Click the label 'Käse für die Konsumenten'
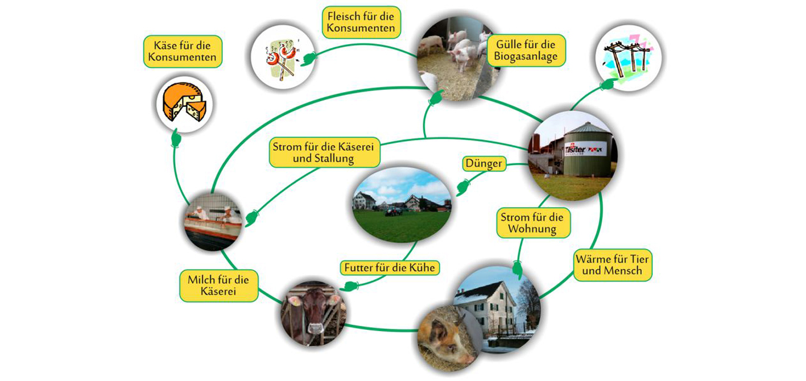pos(182,51)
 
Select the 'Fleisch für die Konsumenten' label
pos(361,22)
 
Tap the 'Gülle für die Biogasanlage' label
pos(526,49)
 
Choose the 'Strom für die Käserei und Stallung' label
pos(324,152)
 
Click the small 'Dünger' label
pos(483,164)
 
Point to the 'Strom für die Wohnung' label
pos(534,223)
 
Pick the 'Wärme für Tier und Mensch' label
pos(613,266)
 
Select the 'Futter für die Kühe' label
pos(391,267)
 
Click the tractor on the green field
pos(392,211)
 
